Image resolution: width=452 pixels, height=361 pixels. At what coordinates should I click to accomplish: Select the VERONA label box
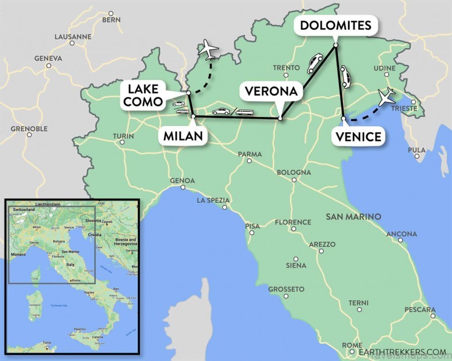[x=271, y=91]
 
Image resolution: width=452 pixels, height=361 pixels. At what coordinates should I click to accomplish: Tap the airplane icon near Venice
[x=388, y=96]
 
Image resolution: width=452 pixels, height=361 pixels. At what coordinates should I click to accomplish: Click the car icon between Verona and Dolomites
[x=314, y=63]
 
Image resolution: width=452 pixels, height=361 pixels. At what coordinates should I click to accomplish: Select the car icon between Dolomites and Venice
[x=345, y=76]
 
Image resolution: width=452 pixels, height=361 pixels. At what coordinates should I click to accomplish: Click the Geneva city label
[x=48, y=58]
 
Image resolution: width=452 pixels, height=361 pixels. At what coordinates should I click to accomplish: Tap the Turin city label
[x=123, y=136]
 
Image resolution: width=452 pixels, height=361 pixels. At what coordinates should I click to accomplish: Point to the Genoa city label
[x=182, y=180]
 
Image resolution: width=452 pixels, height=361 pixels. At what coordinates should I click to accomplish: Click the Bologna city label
[x=294, y=172]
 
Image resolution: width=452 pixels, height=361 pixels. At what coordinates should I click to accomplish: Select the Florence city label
[x=293, y=222]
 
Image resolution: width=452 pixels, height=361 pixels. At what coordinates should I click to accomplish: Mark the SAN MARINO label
[x=353, y=217]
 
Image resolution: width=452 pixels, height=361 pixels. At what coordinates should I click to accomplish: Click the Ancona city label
[x=402, y=234]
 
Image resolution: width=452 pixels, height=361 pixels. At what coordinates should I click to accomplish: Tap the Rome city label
[x=352, y=345]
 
